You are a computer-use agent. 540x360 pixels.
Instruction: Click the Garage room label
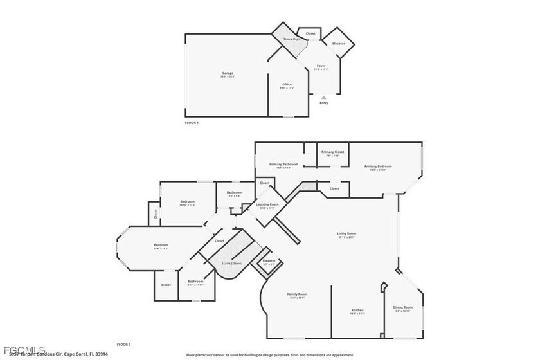pos(228,73)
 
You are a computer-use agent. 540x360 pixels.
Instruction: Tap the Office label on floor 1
pos(287,85)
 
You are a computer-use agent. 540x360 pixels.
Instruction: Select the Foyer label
pos(321,66)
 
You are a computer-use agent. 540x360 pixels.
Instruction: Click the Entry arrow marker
pos(323,98)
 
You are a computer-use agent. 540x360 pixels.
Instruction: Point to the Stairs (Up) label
pos(292,39)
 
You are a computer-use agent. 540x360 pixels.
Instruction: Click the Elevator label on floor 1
pos(338,44)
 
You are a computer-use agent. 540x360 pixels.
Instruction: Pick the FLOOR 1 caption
pos(192,122)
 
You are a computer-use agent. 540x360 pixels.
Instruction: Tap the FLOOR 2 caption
pos(123,345)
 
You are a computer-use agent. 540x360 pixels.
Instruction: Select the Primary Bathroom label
pos(283,165)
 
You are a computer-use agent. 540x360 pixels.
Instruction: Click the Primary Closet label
pos(333,152)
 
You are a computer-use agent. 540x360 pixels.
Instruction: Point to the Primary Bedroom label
pos(377,166)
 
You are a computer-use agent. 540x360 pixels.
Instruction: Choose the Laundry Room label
pos(267,204)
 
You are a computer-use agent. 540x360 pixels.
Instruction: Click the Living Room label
pos(346,233)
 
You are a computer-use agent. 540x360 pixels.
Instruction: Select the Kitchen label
pos(357,310)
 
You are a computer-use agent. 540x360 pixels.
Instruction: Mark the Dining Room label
pos(402,307)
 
